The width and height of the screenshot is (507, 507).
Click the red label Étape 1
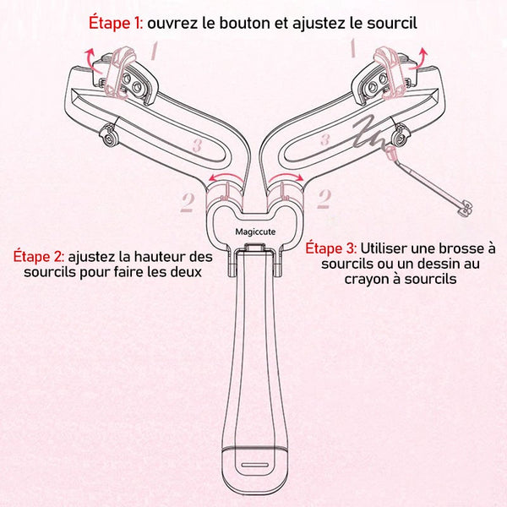click(116, 24)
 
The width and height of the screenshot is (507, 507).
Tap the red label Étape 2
click(39, 256)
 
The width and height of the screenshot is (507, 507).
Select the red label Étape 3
click(331, 248)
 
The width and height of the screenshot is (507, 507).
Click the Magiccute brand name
click(255, 232)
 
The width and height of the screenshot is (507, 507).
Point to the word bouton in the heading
click(240, 24)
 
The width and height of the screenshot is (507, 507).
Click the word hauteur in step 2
click(161, 257)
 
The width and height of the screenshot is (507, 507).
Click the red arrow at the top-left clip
click(93, 59)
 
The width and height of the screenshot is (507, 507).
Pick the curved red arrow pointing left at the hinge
click(226, 177)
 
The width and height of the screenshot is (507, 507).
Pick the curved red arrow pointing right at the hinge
click(286, 177)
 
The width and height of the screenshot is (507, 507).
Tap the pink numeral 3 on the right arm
click(325, 140)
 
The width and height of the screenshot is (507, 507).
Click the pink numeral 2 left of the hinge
click(188, 202)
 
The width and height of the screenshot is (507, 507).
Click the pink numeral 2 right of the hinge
click(324, 199)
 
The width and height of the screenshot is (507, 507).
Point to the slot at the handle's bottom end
click(255, 465)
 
